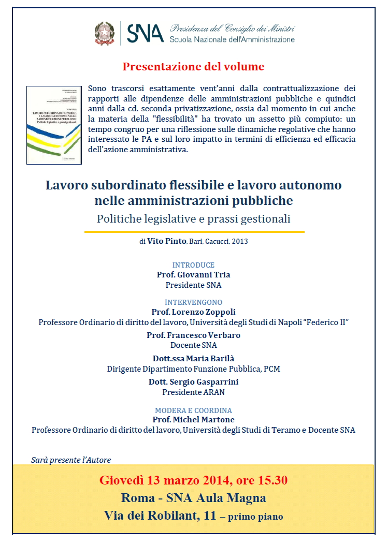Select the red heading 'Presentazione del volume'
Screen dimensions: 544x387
193,67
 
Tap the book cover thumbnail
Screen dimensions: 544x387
54,125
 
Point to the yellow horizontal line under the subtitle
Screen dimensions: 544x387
194,232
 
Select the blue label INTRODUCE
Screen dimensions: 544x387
193,265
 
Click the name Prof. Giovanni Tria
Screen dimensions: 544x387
193,275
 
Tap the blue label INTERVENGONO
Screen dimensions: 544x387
193,302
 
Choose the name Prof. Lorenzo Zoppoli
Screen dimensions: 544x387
193,312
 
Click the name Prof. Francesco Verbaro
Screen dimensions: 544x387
193,335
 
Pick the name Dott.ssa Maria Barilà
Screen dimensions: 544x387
193,359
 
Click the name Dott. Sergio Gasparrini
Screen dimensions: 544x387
193,382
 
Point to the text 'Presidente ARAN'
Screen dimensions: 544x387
193,392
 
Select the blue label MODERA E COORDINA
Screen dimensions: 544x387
193,410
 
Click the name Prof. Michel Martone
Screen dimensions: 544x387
193,420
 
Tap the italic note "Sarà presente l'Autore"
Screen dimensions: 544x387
71,460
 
